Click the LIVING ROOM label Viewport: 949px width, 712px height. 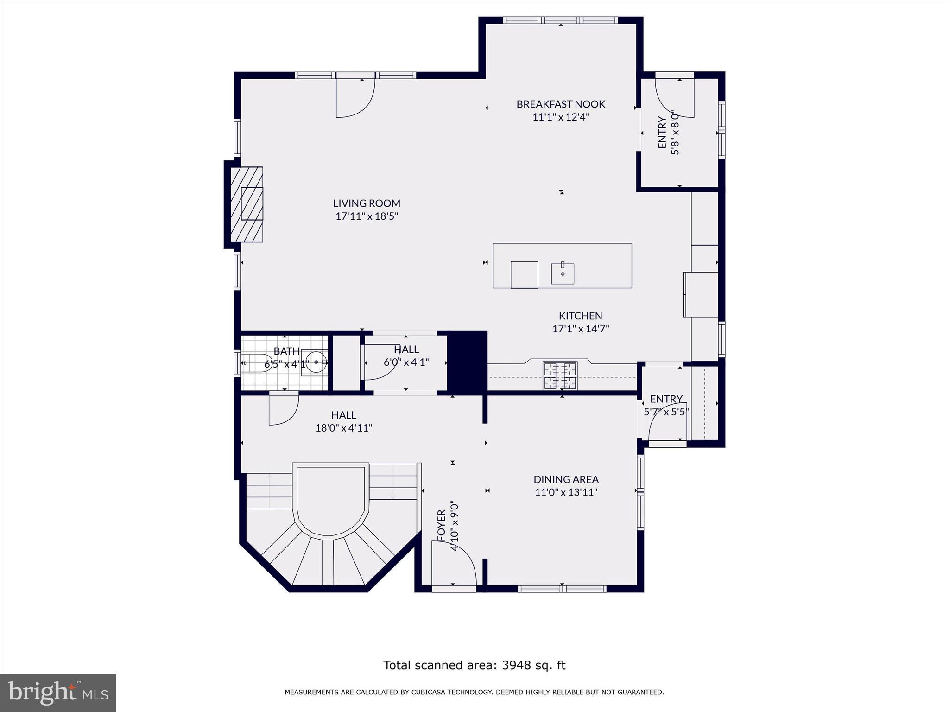click(367, 203)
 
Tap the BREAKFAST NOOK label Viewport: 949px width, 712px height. click(561, 104)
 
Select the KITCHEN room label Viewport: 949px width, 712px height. click(580, 316)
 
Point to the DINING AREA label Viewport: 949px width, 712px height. click(566, 479)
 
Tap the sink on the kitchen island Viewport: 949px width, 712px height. click(563, 273)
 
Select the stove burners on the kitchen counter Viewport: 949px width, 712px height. click(560, 375)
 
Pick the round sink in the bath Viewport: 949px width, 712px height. click(316, 362)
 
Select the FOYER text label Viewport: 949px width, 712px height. click(441, 525)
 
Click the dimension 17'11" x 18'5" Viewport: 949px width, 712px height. click(367, 216)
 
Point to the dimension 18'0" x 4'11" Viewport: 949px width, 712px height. click(344, 428)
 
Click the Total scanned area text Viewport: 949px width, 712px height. click(474, 665)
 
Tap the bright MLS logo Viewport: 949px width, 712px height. click(58, 693)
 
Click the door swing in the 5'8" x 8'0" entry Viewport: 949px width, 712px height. click(674, 98)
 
